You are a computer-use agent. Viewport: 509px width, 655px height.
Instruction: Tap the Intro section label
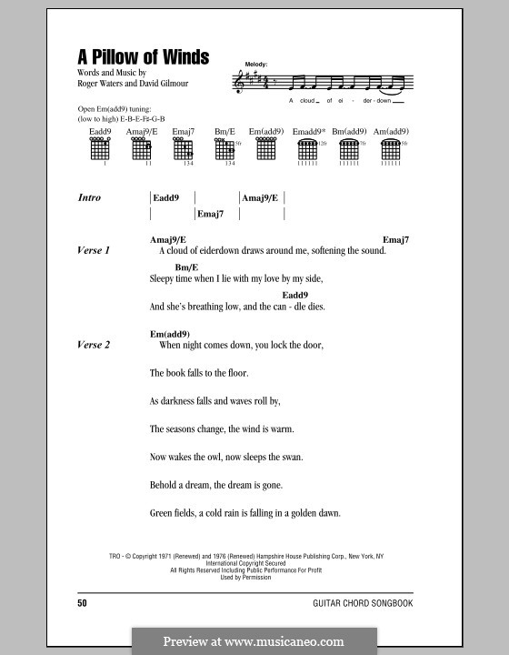pos(90,197)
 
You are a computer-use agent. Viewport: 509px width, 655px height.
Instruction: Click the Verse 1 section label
pos(94,250)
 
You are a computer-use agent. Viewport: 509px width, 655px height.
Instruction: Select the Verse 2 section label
pos(94,346)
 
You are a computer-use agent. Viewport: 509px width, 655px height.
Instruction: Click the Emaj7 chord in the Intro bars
pos(210,215)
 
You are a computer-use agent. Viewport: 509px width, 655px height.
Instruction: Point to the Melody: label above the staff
pos(257,64)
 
